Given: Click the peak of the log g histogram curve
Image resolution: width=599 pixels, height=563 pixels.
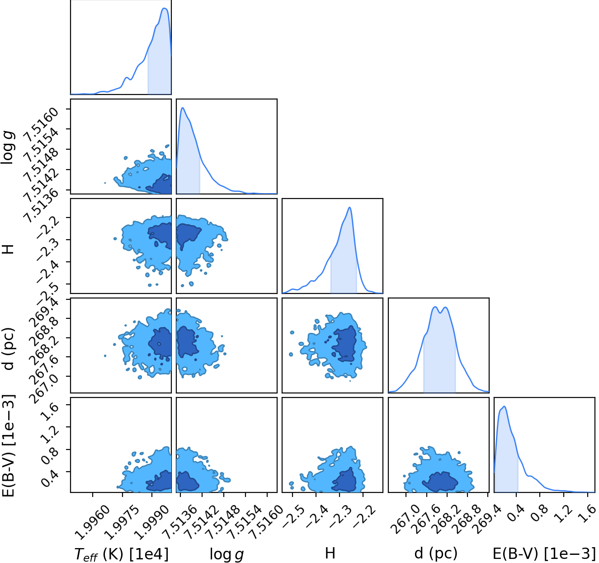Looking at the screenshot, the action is (183, 108).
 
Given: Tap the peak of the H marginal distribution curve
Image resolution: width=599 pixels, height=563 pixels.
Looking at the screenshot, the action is (349, 207).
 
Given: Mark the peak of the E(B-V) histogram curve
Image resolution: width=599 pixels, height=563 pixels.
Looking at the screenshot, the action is (505, 406).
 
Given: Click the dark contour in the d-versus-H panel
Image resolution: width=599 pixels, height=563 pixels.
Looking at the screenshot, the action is (345, 344).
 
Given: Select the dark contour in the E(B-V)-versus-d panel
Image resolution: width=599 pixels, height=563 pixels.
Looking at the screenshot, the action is (440, 481).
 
